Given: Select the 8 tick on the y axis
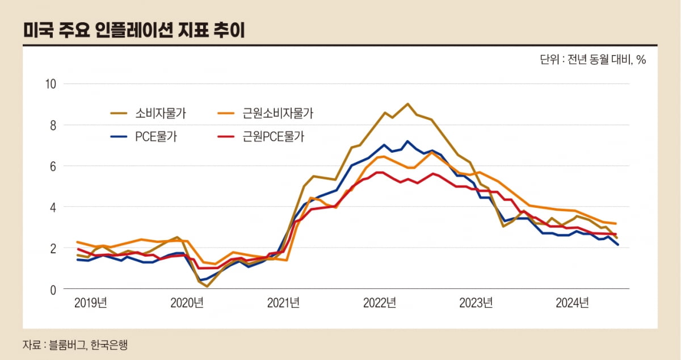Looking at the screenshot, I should [53, 125].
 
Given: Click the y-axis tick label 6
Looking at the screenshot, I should [53, 166].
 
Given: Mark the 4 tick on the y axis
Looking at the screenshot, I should [53, 207].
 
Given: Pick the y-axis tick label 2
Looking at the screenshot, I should [53, 249].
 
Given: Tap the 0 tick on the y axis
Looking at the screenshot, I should [53, 290].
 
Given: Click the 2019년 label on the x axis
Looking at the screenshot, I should [91, 303].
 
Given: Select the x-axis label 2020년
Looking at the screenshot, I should [187, 303].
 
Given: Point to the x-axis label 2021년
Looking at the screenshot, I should [283, 303].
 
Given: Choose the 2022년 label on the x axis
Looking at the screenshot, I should [380, 303].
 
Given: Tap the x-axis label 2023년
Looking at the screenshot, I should [476, 303].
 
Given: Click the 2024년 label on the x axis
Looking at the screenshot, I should [572, 303].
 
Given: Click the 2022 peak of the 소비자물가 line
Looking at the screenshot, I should [407, 104].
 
